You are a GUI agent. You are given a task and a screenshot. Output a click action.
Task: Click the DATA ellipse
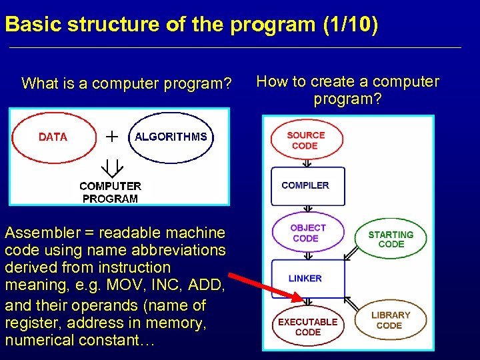(x=54, y=137)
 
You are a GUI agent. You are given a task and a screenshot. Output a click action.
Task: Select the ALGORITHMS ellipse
(x=171, y=137)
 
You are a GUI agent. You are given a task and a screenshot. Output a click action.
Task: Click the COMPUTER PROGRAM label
(x=110, y=192)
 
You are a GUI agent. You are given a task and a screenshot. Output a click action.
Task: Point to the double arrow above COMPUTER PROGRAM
(x=110, y=165)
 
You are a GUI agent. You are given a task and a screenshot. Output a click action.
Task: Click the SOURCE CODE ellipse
(x=306, y=141)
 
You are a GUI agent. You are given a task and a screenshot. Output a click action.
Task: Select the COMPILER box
(x=307, y=185)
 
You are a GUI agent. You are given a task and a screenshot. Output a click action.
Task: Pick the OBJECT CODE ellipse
(x=307, y=233)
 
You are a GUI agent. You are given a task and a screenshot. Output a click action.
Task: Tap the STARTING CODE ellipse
(x=391, y=239)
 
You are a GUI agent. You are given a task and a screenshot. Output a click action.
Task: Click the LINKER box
(x=307, y=279)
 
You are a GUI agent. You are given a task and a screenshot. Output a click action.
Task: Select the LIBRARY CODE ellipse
(x=390, y=320)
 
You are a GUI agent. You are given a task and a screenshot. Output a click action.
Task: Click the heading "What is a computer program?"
(x=127, y=84)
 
